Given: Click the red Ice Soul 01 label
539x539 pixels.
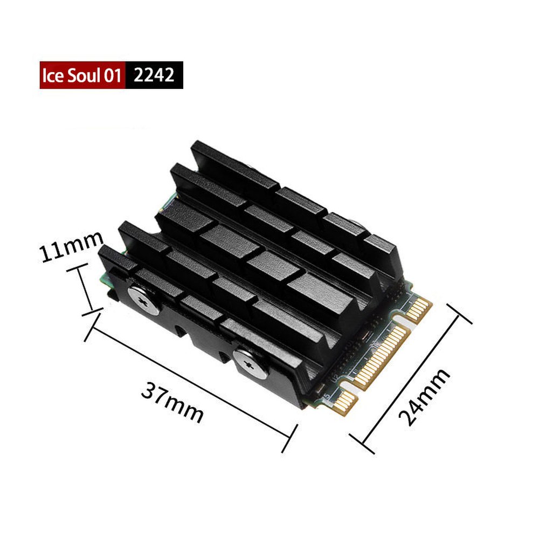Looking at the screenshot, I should click(x=82, y=75).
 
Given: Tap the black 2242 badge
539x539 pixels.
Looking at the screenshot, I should click(x=154, y=75).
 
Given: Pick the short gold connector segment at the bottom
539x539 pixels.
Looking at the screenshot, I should click(x=343, y=401).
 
